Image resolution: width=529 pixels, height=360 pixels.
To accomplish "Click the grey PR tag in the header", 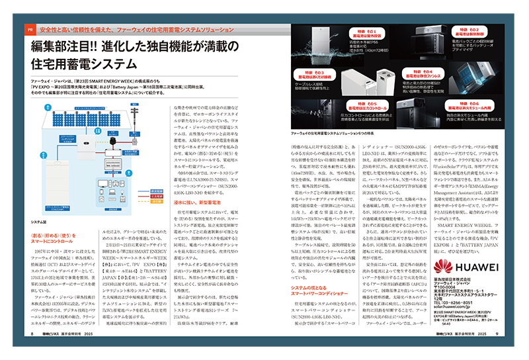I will pos(30,31).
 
